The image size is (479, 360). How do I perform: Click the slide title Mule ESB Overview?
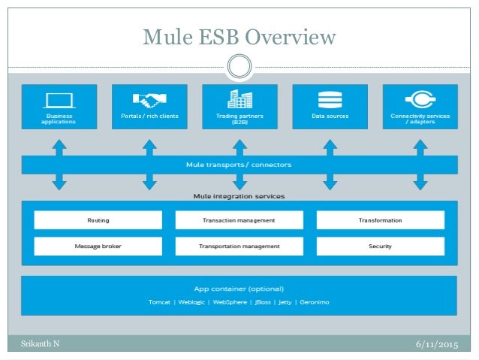(x=239, y=36)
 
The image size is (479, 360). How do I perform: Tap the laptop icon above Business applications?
(x=59, y=100)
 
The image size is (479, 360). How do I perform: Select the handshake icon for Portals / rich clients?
(x=149, y=100)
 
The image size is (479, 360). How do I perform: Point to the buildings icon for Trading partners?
(x=239, y=99)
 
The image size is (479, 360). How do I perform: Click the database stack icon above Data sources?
(x=330, y=100)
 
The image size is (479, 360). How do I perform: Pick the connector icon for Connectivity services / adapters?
(x=420, y=100)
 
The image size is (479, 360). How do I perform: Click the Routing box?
(x=98, y=220)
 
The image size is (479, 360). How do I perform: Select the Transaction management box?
(x=239, y=220)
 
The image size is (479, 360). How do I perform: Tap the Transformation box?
(x=380, y=220)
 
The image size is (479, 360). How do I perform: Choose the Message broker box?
(x=98, y=246)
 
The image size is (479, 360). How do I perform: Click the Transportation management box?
(x=239, y=246)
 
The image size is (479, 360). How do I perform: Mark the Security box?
(x=380, y=246)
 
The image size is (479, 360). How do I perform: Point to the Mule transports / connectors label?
(x=239, y=164)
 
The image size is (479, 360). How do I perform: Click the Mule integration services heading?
(x=239, y=196)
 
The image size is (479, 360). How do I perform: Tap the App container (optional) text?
(x=239, y=288)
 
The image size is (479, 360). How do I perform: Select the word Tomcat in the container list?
(x=160, y=302)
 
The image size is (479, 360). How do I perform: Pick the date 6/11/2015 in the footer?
(x=436, y=344)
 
